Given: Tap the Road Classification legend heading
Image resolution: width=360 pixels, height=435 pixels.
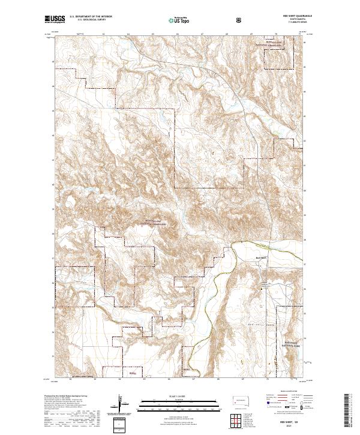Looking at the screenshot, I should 288,394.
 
